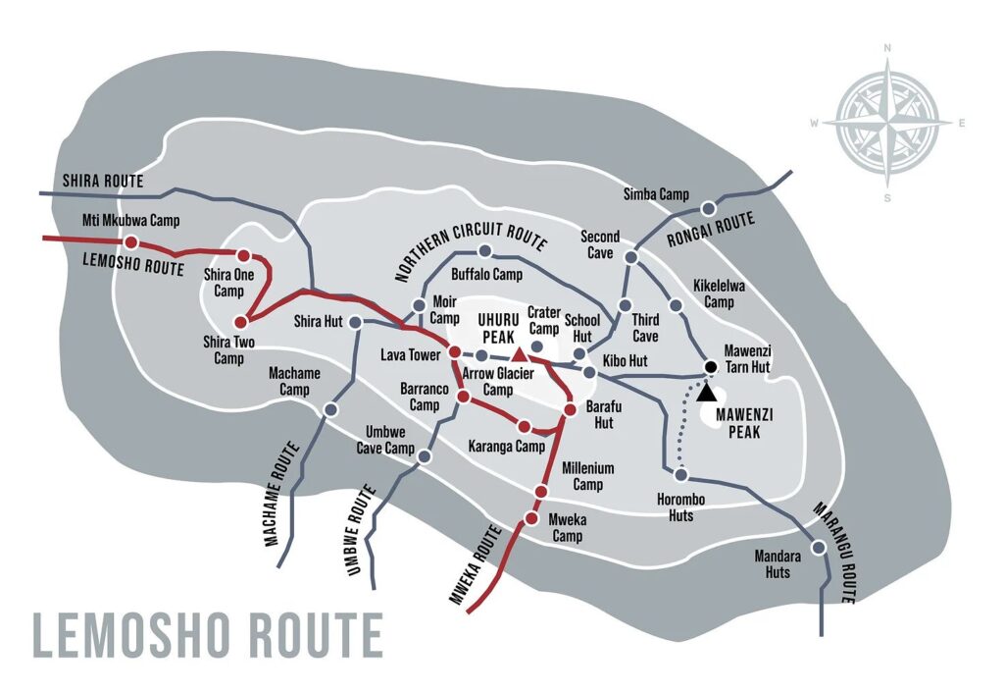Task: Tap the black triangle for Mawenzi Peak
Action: pyautogui.click(x=706, y=391)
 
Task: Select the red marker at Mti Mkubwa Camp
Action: pyautogui.click(x=130, y=241)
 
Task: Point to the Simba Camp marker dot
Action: pyautogui.click(x=707, y=208)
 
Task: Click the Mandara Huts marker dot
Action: pyautogui.click(x=819, y=548)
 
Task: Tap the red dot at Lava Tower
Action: pyautogui.click(x=455, y=351)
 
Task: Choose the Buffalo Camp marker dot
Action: pyautogui.click(x=484, y=251)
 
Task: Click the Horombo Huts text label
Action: pyautogui.click(x=681, y=507)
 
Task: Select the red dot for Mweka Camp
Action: pyautogui.click(x=531, y=518)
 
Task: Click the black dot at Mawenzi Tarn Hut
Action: pyautogui.click(x=711, y=367)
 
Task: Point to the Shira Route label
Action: pyautogui.click(x=103, y=182)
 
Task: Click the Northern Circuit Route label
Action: pyautogui.click(x=471, y=250)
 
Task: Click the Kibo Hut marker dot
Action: pyautogui.click(x=589, y=373)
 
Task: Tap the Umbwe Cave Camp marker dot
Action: pyautogui.click(x=425, y=456)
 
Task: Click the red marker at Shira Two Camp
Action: pyautogui.click(x=240, y=321)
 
